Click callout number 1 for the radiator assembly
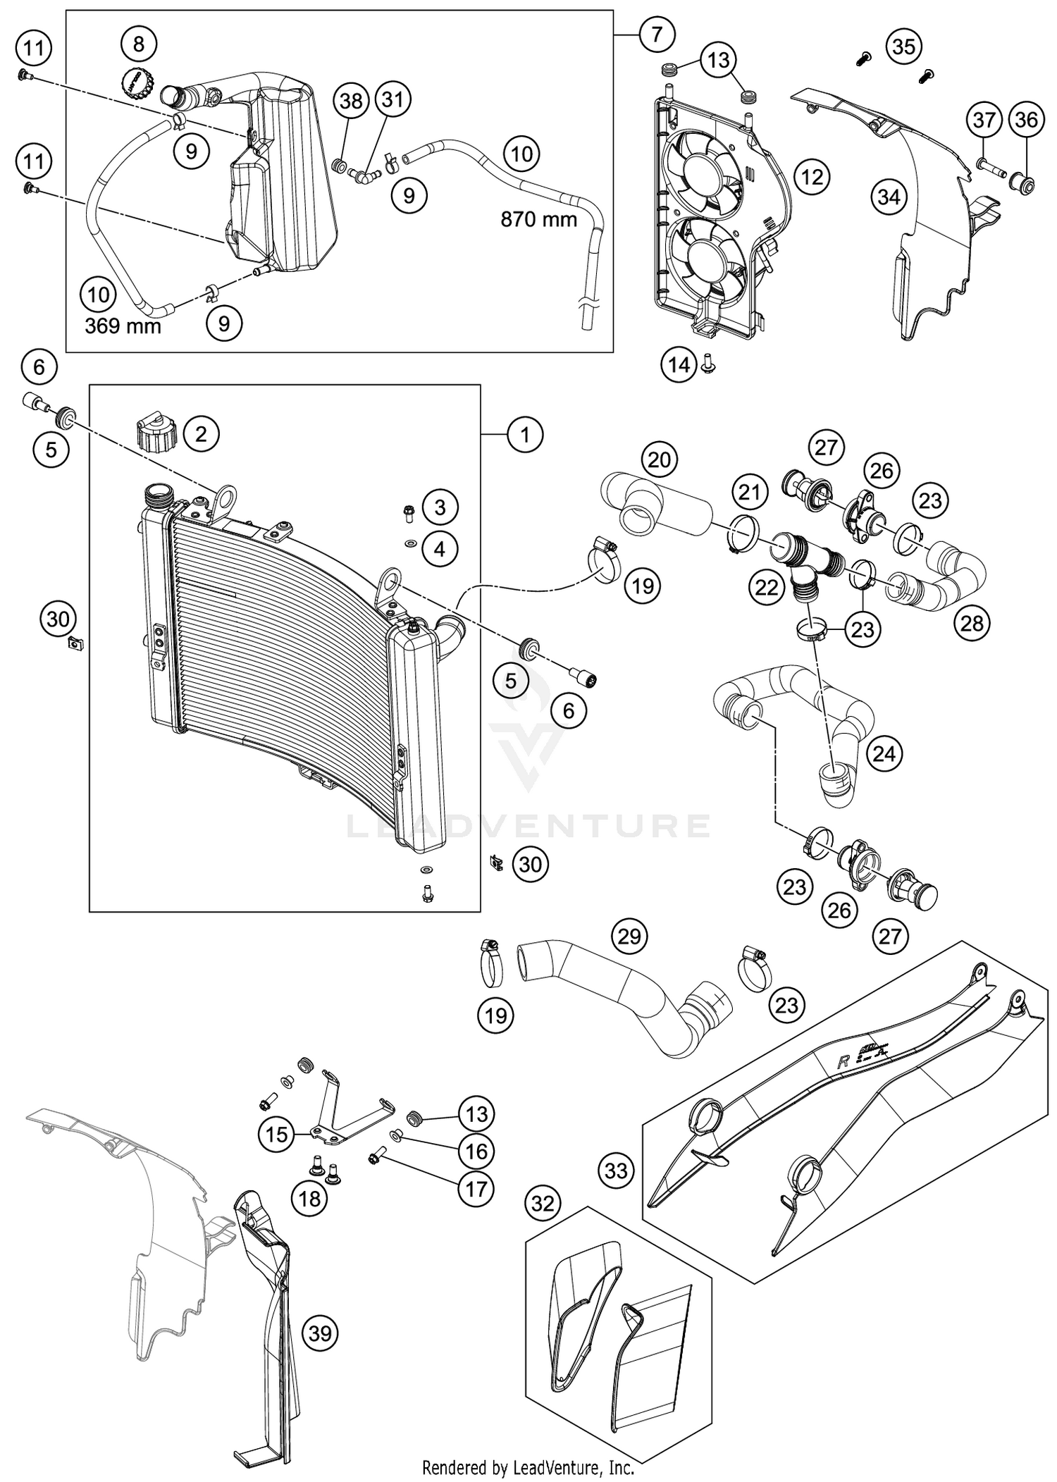pyautogui.click(x=524, y=435)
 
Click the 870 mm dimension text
pyautogui.click(x=538, y=220)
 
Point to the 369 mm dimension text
pyautogui.click(x=123, y=326)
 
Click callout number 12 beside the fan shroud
pyautogui.click(x=812, y=176)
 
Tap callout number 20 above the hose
pyautogui.click(x=659, y=460)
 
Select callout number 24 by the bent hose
pyautogui.click(x=884, y=753)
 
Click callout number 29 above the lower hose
pyautogui.click(x=629, y=936)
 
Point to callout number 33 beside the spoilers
pyautogui.click(x=616, y=1171)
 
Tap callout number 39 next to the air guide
pyautogui.click(x=320, y=1333)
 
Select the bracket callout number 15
pyautogui.click(x=277, y=1134)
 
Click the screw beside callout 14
pyautogui.click(x=709, y=364)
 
